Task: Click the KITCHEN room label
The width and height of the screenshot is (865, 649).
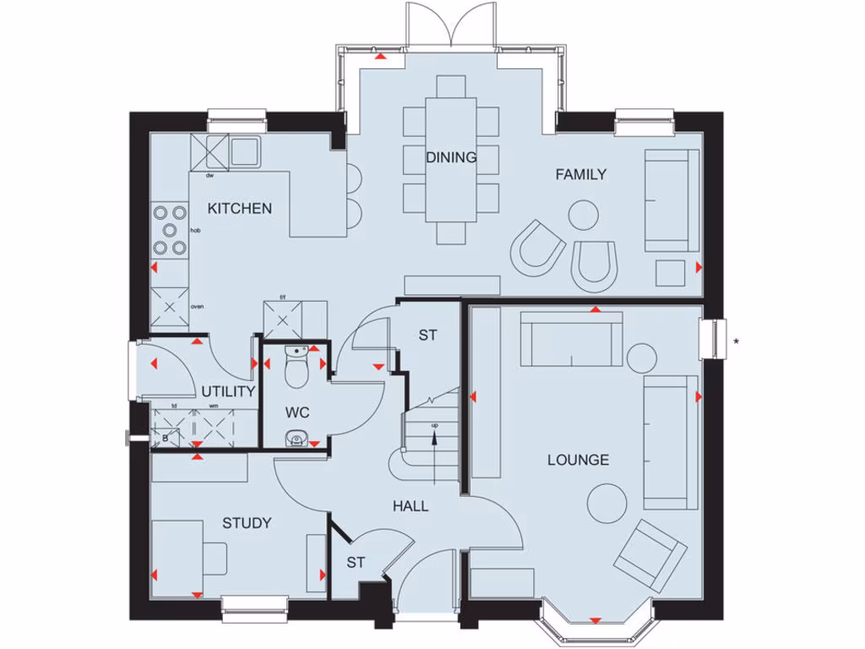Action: coord(240,208)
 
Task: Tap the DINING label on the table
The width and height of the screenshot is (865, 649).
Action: coord(451,157)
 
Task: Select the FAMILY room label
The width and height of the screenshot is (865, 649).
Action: coord(580,175)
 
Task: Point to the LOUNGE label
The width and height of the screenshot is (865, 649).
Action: coord(578,461)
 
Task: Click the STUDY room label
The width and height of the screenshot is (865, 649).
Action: coord(247,523)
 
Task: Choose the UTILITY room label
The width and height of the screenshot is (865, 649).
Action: coord(228,392)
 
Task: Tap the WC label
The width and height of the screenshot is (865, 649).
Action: coord(297,413)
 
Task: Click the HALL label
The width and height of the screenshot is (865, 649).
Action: coord(411,507)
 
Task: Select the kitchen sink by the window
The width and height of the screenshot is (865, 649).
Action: coord(245,151)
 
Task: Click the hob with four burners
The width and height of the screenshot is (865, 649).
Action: coord(170,229)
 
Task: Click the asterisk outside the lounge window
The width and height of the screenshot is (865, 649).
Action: coord(736,341)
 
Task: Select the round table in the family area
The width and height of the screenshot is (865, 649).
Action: coord(583,215)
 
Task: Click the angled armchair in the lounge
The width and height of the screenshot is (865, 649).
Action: coord(650,554)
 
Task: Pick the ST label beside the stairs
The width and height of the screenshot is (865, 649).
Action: coord(427,335)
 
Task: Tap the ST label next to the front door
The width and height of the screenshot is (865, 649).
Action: coord(356,562)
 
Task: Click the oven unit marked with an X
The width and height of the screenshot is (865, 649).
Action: coord(170,307)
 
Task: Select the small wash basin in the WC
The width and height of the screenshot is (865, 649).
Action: coord(295,438)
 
